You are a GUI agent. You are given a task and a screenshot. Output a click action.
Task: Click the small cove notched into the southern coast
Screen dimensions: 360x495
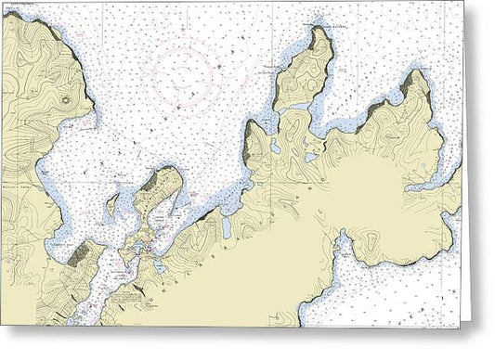[343, 245]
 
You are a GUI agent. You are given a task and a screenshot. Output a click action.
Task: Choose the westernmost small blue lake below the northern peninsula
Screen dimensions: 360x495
[275, 147]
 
